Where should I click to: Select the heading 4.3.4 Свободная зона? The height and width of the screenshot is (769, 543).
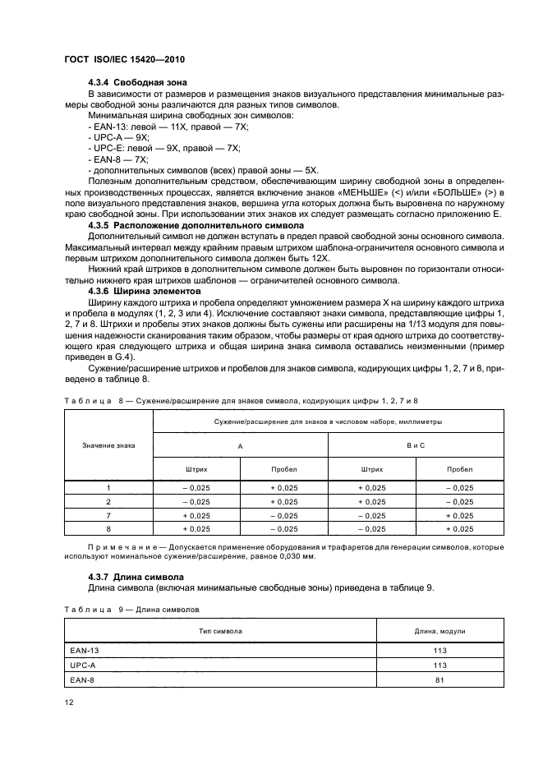(137, 82)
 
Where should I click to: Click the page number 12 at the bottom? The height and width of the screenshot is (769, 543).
(68, 702)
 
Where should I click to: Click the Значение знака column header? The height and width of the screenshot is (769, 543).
(109, 444)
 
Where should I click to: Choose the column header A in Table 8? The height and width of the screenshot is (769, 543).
(240, 444)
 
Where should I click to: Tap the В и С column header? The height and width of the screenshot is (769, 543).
(416, 444)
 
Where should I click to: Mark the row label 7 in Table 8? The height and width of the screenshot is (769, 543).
(108, 515)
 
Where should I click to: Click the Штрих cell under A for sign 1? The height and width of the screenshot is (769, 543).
(196, 487)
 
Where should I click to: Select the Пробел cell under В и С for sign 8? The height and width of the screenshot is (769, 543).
(460, 529)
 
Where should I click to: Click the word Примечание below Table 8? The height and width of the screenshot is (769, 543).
(126, 546)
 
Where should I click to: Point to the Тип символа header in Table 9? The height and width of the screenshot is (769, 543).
(220, 631)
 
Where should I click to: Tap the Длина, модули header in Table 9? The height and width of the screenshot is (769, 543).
(440, 631)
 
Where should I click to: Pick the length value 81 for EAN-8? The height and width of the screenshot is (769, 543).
(440, 679)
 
